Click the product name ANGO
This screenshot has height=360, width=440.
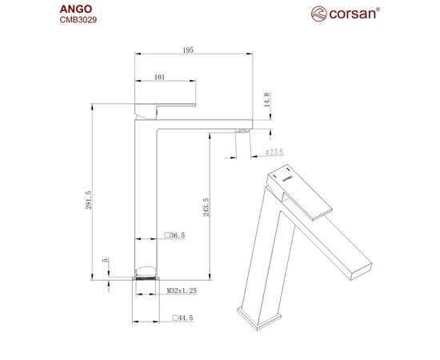[x=76, y=9]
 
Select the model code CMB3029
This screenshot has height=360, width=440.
[x=78, y=20]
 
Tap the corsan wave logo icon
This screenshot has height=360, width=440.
[x=318, y=14]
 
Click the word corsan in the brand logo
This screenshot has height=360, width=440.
[x=353, y=14]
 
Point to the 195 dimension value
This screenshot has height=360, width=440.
[x=188, y=50]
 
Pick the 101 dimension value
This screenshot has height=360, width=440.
[x=160, y=77]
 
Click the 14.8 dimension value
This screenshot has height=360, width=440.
[x=267, y=99]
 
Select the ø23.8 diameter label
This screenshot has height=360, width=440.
[x=274, y=152]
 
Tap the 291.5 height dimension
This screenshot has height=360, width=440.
[x=89, y=200]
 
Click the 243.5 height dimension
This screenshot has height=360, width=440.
[x=206, y=207]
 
